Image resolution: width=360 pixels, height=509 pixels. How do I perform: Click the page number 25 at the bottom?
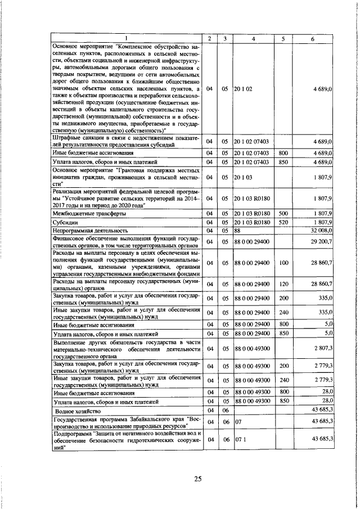point(197,479)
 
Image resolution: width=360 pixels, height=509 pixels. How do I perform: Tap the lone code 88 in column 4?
point(238,230)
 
